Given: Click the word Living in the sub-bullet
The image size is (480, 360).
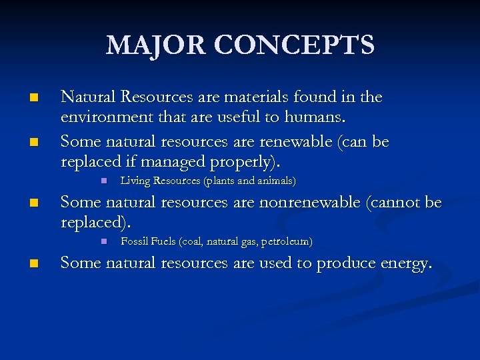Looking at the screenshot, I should pyautogui.click(x=135, y=181).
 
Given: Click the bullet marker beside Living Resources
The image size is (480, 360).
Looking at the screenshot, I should pyautogui.click(x=104, y=181).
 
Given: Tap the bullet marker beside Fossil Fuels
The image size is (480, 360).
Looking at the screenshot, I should pyautogui.click(x=104, y=241).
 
